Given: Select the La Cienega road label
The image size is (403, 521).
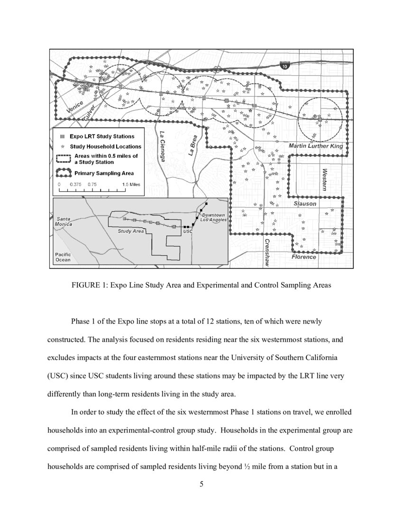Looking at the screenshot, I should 162,146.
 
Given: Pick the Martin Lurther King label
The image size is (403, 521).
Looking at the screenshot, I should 316,146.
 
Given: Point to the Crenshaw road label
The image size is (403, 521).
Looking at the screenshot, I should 267,253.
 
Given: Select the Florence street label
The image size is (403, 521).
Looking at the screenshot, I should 303,257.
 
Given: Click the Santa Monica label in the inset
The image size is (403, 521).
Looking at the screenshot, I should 64,221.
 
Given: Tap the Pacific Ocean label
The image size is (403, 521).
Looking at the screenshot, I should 63,257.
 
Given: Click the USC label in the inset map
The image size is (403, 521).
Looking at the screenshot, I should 187,232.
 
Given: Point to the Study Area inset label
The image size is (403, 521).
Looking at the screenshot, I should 130,232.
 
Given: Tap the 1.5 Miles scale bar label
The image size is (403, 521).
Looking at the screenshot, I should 130,184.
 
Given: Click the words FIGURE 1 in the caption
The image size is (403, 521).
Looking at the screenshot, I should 88,286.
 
